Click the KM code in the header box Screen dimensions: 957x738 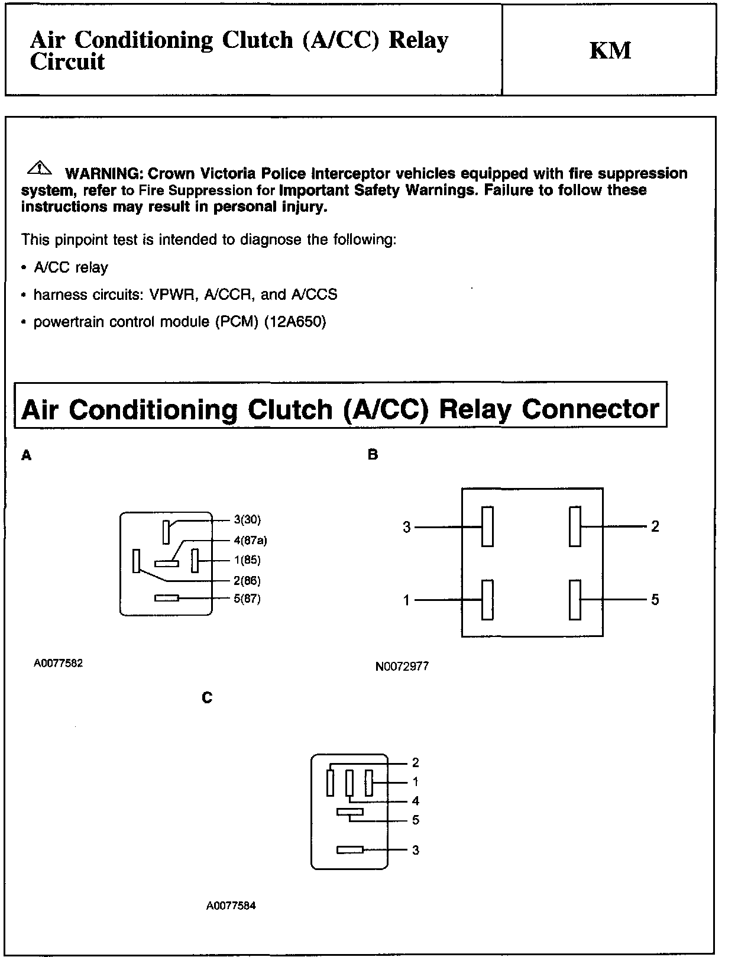(x=610, y=51)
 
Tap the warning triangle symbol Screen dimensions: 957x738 (x=39, y=168)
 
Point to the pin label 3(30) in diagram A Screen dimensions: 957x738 (x=247, y=520)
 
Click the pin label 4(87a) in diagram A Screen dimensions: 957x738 (x=250, y=540)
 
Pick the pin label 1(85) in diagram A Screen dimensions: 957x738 (x=247, y=560)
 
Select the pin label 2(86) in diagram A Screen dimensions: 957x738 (x=247, y=581)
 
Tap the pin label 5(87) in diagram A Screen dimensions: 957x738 (x=247, y=599)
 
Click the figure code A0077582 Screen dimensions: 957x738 (x=58, y=663)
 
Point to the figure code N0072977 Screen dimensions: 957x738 (x=402, y=667)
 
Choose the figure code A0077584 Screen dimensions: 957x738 (x=231, y=906)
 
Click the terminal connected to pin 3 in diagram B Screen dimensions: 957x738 (x=487, y=526)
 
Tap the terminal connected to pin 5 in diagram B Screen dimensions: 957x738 (x=575, y=600)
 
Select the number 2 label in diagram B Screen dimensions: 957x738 (x=655, y=526)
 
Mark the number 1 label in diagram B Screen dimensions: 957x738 (x=406, y=600)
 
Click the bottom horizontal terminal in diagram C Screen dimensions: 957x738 (x=349, y=850)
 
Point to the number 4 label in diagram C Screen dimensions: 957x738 (x=416, y=801)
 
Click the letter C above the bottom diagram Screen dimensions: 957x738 (x=207, y=698)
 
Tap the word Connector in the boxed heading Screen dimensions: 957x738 (x=591, y=409)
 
